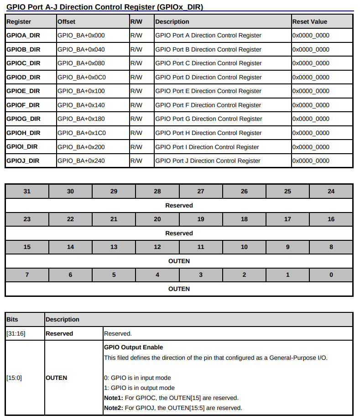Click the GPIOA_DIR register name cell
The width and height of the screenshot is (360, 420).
pos(23,35)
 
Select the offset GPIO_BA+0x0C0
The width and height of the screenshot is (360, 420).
pos(82,77)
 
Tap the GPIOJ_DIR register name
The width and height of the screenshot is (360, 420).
pos(23,161)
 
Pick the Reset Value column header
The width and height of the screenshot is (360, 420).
pos(310,21)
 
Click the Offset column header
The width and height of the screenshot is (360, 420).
pos(67,21)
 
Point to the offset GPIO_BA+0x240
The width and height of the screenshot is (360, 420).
pos(81,161)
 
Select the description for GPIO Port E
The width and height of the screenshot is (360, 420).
pos(208,91)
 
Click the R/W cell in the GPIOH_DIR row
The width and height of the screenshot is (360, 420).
pos(136,133)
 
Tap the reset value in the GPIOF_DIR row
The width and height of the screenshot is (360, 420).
pos(311,105)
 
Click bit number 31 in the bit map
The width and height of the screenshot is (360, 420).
pos(27,191)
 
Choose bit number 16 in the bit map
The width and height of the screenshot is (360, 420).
pos(331,219)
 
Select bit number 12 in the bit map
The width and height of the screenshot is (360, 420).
pos(157,247)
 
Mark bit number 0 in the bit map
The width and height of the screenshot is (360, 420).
pos(331,275)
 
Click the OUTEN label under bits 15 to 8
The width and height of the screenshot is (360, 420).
pos(179,261)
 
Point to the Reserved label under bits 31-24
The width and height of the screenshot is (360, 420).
pos(179,205)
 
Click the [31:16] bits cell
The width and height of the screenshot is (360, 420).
pos(16,333)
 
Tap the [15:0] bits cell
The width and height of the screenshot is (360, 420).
pos(15,378)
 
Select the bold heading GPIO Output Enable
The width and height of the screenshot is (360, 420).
pos(133,347)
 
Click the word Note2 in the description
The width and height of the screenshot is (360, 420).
pos(113,408)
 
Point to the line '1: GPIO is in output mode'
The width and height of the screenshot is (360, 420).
pos(139,388)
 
